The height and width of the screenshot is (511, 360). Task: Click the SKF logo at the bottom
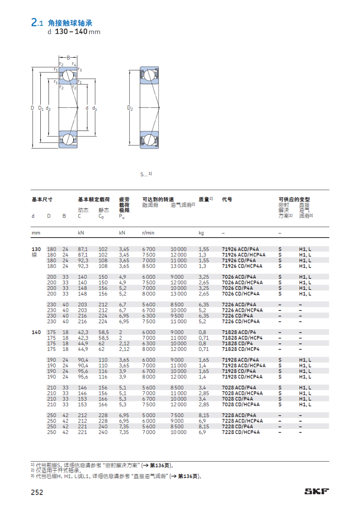[316, 491]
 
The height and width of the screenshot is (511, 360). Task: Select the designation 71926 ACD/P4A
[240, 249]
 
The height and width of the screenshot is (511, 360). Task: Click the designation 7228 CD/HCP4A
[240, 432]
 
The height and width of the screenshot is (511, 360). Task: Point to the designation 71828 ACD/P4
[238, 332]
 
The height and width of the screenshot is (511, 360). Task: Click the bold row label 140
[36, 332]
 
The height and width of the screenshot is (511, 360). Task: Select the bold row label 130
[36, 249]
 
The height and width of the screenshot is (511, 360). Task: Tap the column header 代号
[227, 200]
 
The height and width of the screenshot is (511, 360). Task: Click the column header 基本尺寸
[42, 200]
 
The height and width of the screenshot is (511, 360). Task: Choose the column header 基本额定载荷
[94, 200]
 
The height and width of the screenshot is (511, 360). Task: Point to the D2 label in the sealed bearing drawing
[130, 108]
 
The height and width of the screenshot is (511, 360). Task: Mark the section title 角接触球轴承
[73, 23]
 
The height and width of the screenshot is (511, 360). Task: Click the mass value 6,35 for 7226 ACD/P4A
[204, 305]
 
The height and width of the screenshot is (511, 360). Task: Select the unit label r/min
[148, 233]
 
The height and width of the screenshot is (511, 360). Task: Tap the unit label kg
[201, 233]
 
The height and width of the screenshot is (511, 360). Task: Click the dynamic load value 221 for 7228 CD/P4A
[83, 427]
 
